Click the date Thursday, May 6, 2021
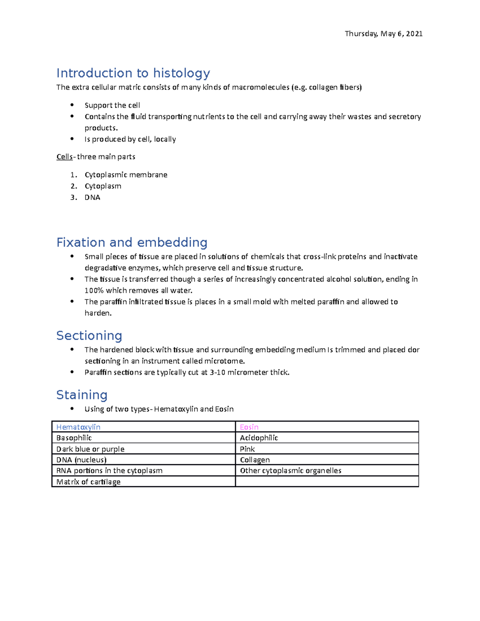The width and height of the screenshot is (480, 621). click(383, 34)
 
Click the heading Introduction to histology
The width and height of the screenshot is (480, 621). click(133, 73)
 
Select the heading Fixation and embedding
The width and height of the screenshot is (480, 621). click(132, 242)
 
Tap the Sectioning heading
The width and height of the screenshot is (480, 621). click(89, 335)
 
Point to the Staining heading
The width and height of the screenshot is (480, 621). click(82, 395)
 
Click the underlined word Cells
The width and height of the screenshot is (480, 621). click(64, 157)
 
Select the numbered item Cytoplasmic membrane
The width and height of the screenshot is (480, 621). click(126, 175)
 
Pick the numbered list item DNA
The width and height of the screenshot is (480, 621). click(92, 197)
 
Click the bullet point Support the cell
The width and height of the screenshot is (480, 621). click(112, 105)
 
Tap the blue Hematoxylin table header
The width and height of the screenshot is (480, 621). click(78, 427)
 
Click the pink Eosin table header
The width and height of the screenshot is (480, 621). click(249, 427)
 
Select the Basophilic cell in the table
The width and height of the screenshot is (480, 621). click(74, 438)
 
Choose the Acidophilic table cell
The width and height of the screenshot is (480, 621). click(259, 438)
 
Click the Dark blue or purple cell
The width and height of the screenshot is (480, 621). click(90, 449)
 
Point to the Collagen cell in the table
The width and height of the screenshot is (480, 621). click(255, 460)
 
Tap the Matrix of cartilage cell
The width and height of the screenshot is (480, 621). click(88, 482)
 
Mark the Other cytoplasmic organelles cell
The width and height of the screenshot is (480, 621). click(290, 471)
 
